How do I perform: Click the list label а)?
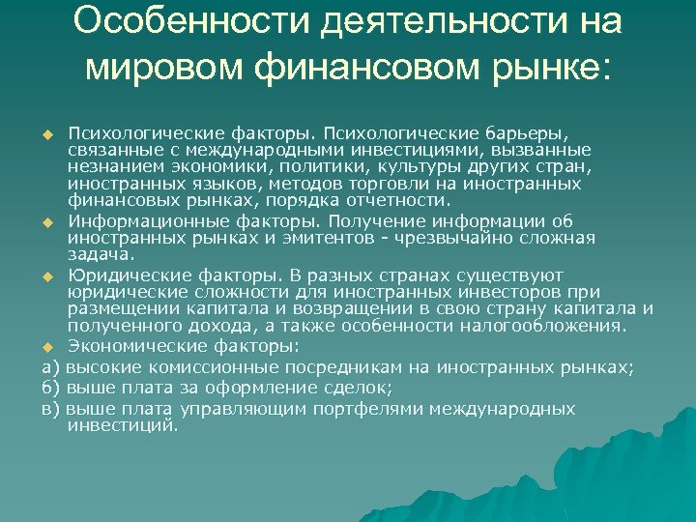coord(53,368)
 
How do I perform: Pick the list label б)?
coord(53,389)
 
